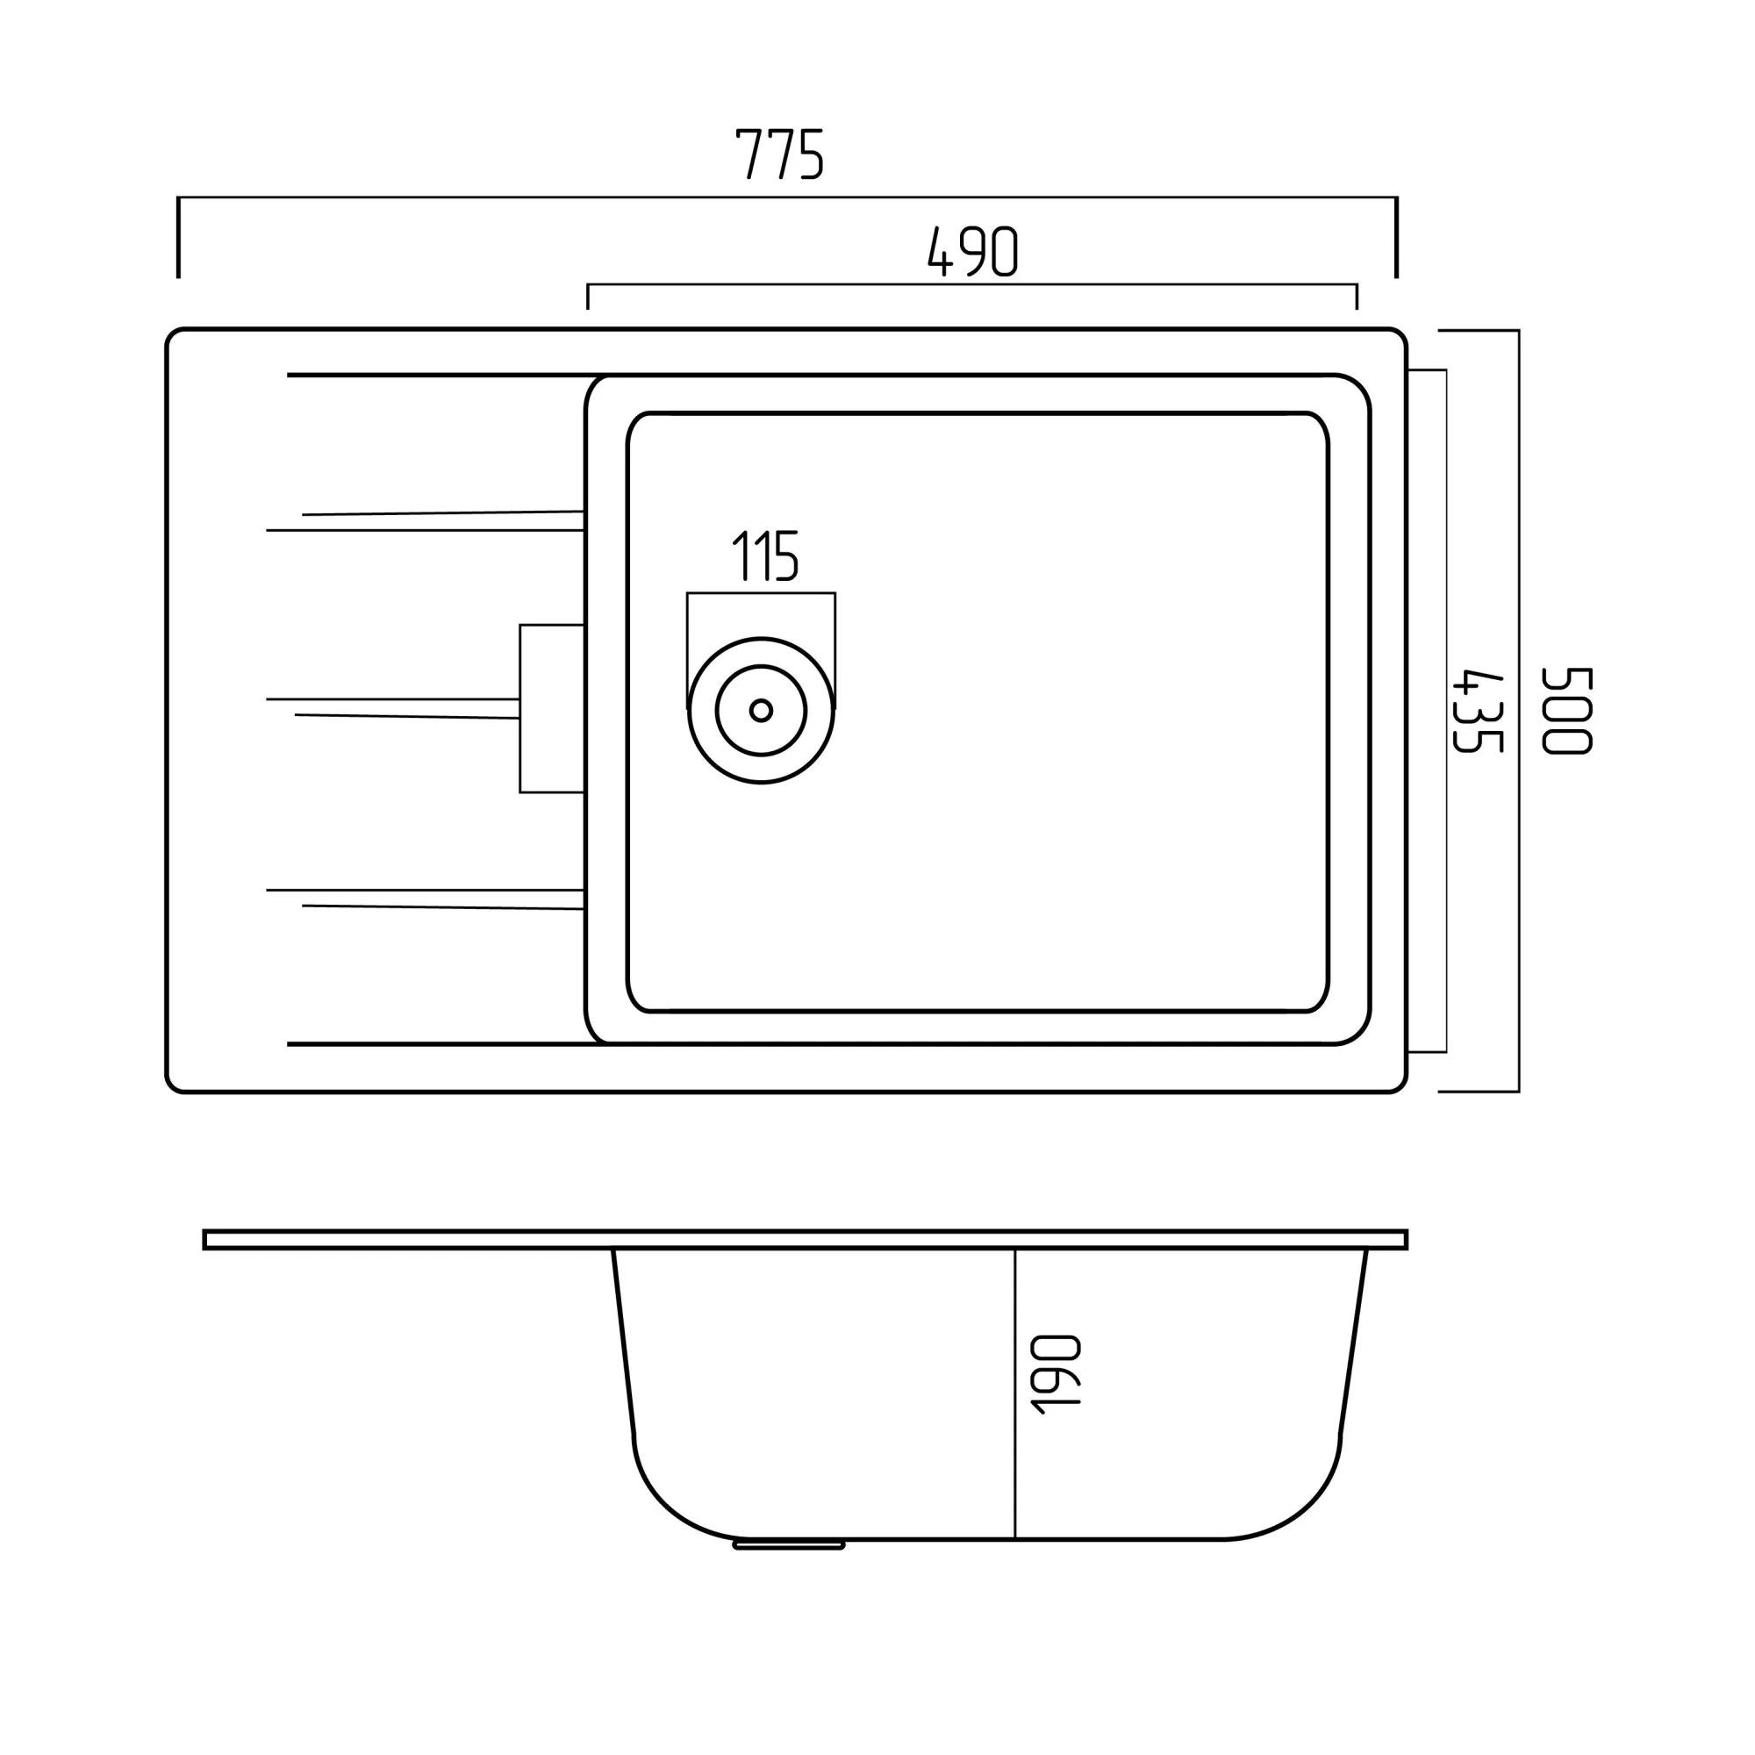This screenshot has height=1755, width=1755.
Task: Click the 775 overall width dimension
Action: (779, 154)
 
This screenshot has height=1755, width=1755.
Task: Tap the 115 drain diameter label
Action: (765, 555)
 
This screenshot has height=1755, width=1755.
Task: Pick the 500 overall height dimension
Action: (1567, 711)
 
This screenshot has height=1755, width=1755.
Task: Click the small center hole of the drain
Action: (761, 711)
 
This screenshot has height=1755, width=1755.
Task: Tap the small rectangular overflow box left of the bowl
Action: (551, 708)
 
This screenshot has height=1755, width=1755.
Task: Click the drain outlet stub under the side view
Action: (789, 1544)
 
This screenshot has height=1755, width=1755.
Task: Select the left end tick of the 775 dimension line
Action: (178, 237)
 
